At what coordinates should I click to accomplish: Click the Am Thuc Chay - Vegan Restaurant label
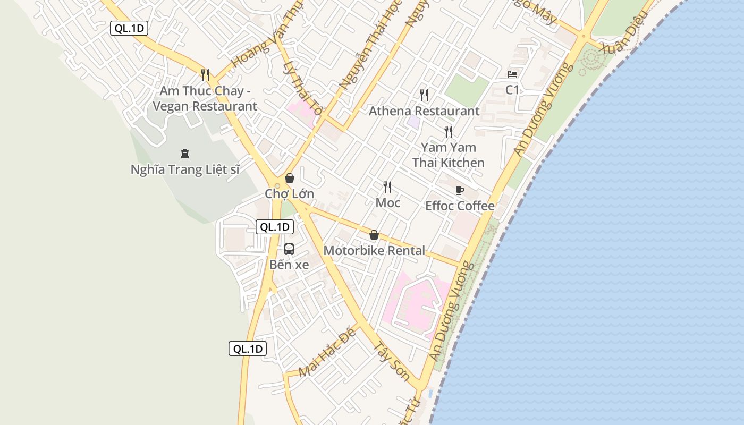(x=205, y=98)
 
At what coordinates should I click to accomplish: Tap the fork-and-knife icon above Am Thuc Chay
(x=205, y=74)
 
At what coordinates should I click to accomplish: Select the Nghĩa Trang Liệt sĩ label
(x=185, y=169)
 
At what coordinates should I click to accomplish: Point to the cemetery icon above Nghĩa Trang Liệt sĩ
(x=185, y=154)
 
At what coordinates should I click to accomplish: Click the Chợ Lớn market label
(x=290, y=194)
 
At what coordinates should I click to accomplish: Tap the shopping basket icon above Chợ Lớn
(x=290, y=178)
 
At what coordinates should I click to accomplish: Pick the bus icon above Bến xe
(x=289, y=249)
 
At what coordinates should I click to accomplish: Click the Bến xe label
(x=289, y=265)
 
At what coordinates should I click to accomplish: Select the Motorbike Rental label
(x=374, y=250)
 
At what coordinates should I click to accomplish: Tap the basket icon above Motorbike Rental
(x=374, y=235)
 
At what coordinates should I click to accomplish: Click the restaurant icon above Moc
(x=387, y=186)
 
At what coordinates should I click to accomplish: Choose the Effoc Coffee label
(x=460, y=206)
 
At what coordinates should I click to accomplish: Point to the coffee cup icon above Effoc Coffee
(x=460, y=190)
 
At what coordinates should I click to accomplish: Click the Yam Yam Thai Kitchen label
(x=449, y=155)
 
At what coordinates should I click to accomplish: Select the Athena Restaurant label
(x=424, y=111)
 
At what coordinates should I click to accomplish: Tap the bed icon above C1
(x=512, y=74)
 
